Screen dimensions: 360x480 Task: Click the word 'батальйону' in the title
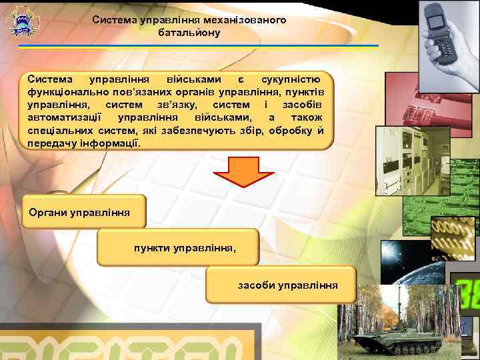click(x=189, y=32)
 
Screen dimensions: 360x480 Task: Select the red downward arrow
click(x=243, y=171)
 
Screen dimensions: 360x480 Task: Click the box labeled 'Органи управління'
click(x=84, y=213)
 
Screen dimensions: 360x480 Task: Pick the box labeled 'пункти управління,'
click(x=175, y=247)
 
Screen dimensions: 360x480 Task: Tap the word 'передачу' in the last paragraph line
click(x=51, y=143)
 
